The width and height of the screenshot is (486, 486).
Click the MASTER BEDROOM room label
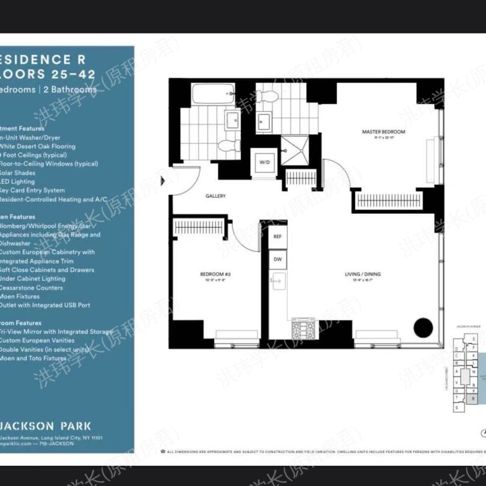[383, 132]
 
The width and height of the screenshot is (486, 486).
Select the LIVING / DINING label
[363, 274]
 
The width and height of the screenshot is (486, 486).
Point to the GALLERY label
[216, 196]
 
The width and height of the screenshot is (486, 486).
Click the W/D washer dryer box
[264, 162]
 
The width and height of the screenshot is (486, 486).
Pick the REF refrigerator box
[277, 236]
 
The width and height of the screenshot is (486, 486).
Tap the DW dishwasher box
[277, 259]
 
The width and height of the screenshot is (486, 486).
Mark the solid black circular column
[423, 328]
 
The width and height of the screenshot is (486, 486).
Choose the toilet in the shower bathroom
[268, 96]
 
